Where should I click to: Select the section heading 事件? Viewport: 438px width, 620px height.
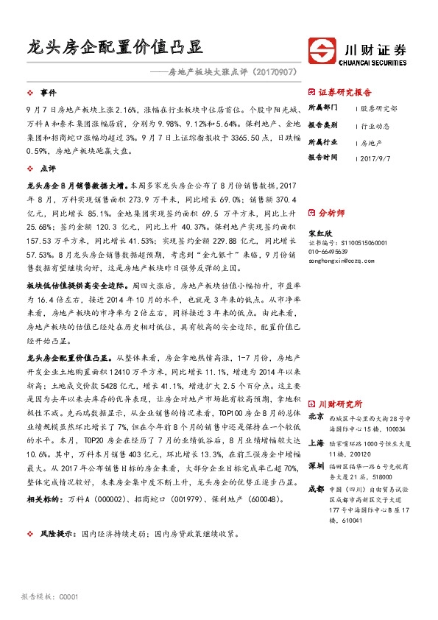click(48, 93)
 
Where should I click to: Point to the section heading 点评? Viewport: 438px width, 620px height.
click(48, 169)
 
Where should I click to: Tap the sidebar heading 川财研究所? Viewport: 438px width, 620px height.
click(340, 404)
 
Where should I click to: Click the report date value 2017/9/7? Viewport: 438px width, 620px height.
click(378, 157)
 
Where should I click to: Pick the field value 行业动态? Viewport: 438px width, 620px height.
click(375, 125)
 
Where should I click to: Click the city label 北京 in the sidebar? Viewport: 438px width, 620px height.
click(315, 416)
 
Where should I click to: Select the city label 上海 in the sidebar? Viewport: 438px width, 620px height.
click(315, 443)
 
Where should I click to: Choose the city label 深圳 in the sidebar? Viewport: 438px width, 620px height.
click(315, 466)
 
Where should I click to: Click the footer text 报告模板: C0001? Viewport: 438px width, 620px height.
click(49, 596)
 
